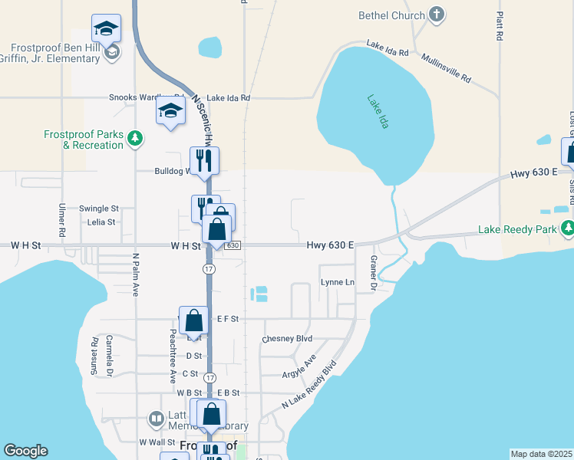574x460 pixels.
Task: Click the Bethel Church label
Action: (x=391, y=15)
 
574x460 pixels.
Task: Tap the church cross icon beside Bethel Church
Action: (x=437, y=15)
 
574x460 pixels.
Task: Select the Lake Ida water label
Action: (x=378, y=111)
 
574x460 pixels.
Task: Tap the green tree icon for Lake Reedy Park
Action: (x=566, y=228)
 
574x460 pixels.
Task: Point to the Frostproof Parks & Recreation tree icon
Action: (x=135, y=139)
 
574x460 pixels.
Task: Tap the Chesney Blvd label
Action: (x=287, y=338)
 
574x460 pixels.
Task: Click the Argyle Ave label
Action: (x=299, y=366)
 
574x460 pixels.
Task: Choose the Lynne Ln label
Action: (x=338, y=283)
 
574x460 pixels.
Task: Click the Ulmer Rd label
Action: (x=61, y=219)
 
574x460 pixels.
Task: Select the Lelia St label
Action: (x=101, y=222)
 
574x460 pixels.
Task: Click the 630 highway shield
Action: (x=233, y=245)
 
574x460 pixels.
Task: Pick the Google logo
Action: (x=26, y=451)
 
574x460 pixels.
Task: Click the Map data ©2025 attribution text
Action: (x=541, y=454)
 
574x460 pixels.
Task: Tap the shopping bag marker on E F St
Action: (x=195, y=320)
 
